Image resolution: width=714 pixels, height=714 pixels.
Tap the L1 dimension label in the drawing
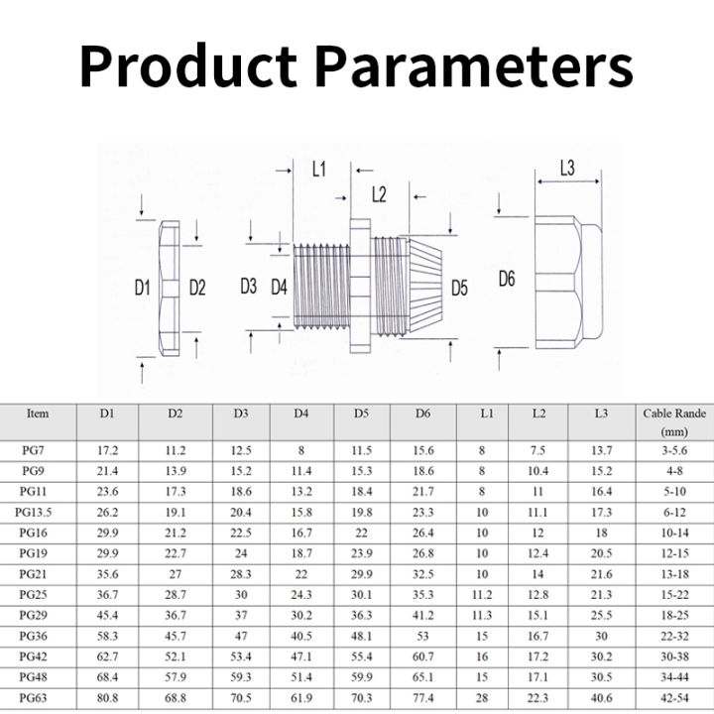pyautogui.click(x=318, y=170)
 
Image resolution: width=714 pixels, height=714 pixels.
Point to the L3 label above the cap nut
pyautogui.click(x=567, y=168)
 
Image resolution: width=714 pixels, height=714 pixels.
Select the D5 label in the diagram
pyautogui.click(x=459, y=288)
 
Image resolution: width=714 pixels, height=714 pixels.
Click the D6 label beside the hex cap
pyautogui.click(x=507, y=279)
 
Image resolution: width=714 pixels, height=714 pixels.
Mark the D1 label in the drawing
pyautogui.click(x=142, y=288)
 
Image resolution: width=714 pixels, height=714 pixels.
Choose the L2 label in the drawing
pyautogui.click(x=379, y=194)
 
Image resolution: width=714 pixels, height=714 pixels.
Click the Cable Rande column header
pyautogui.click(x=674, y=422)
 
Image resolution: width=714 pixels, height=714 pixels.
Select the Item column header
pyautogui.click(x=38, y=414)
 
